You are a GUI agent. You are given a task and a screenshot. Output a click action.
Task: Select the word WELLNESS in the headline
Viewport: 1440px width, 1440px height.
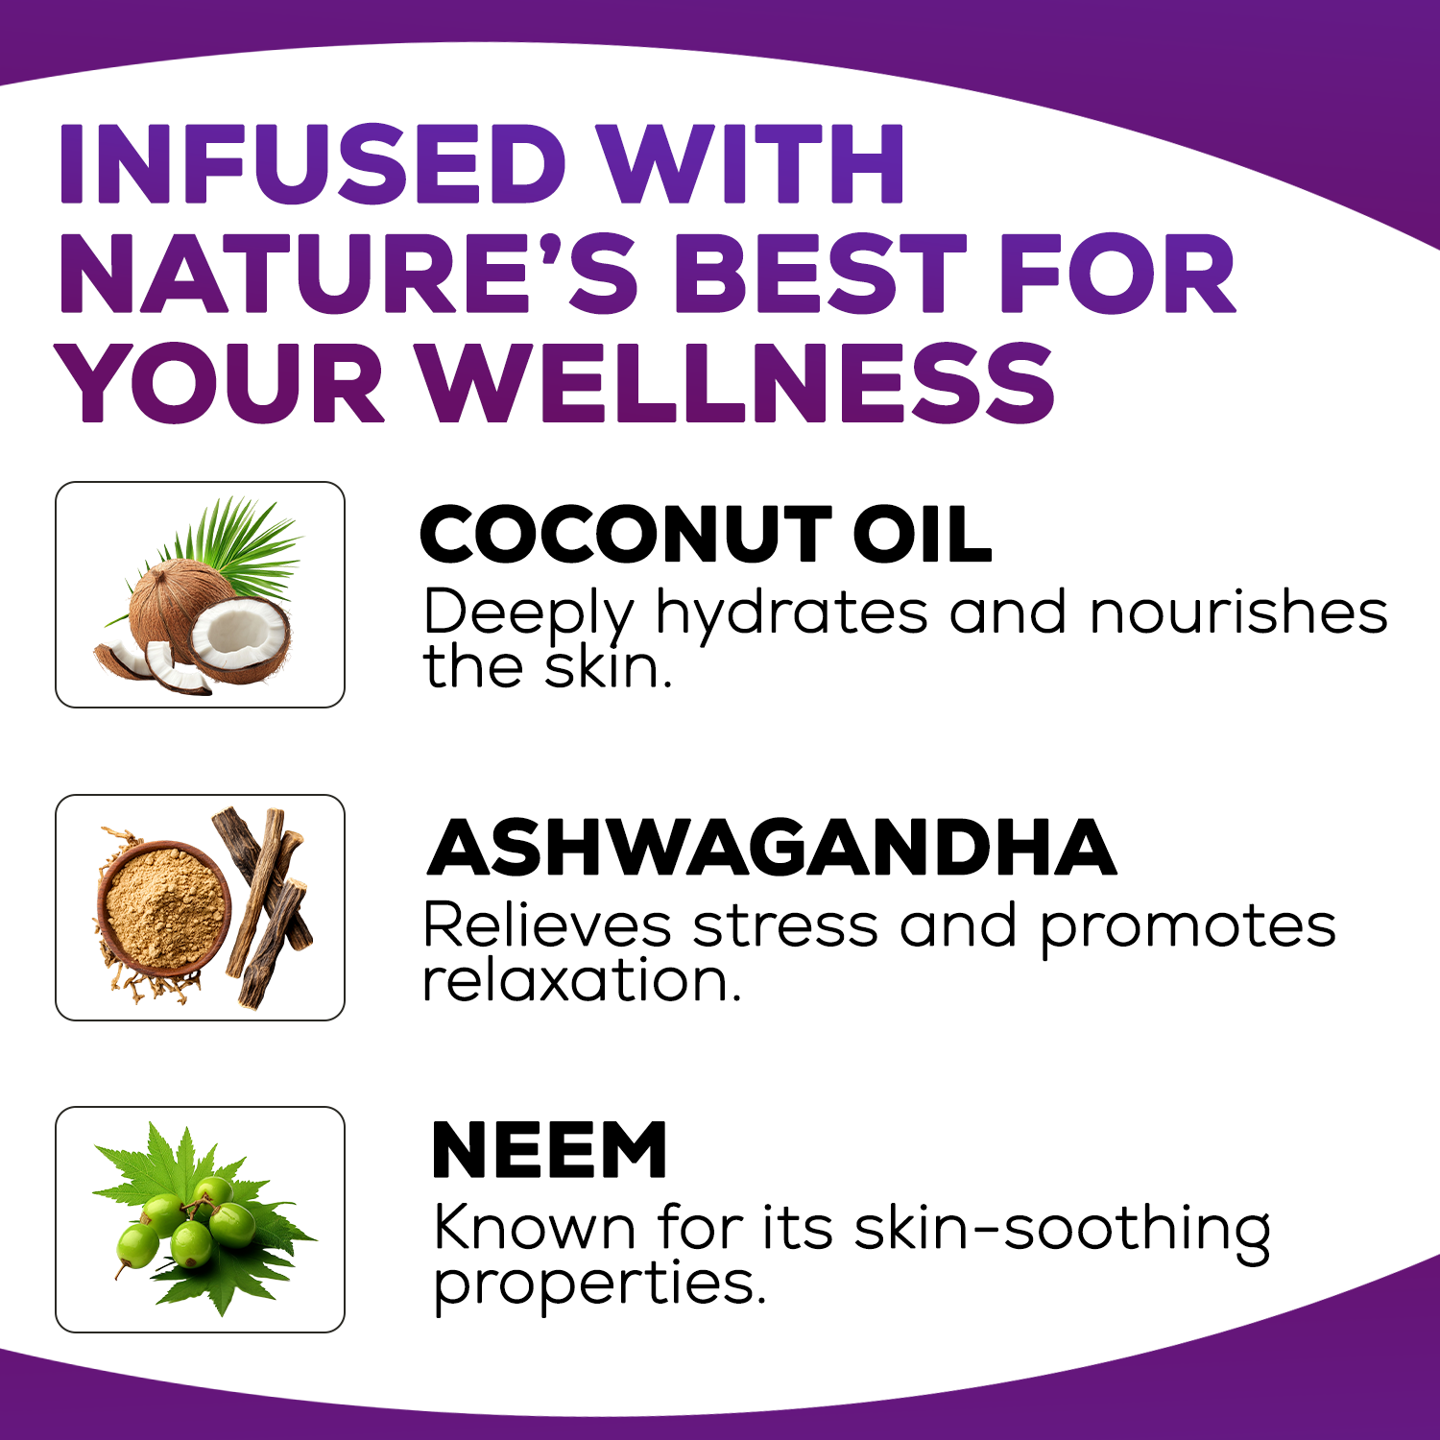pos(738,384)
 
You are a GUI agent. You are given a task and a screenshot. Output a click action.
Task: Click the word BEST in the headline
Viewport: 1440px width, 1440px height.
pos(821,275)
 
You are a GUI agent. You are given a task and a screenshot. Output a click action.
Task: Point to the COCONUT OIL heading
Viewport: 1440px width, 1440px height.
pos(706,535)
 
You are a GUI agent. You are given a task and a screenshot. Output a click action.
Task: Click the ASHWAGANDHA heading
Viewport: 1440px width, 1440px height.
pos(771,848)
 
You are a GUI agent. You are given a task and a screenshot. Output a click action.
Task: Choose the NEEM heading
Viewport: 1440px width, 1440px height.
pos(549,1149)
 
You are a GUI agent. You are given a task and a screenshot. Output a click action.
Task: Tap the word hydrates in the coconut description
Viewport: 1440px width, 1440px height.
pos(792,614)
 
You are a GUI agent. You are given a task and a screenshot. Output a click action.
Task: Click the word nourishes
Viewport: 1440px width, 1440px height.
pos(1238,612)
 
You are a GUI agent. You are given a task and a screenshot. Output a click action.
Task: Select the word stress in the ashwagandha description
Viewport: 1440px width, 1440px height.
pos(785,927)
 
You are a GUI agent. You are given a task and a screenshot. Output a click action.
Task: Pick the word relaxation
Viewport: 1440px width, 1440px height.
pos(582,980)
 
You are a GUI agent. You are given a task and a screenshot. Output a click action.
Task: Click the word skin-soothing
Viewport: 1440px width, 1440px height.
pos(1063,1230)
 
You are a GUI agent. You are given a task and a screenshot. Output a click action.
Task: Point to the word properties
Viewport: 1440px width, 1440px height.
pos(600,1286)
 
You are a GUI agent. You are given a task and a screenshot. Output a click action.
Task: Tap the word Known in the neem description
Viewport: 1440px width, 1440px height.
pos(535,1228)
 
